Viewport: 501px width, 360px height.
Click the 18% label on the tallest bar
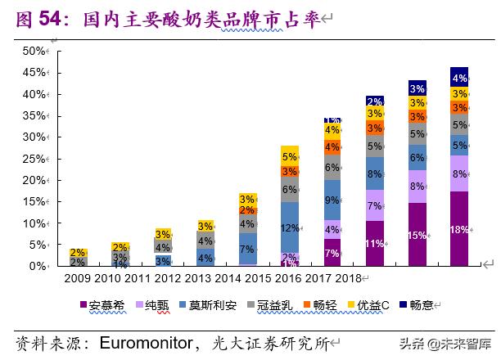click(459, 229)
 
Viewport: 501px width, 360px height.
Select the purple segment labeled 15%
click(417, 236)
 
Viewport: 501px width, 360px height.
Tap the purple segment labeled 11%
click(374, 244)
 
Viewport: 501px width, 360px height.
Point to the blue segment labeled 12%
click(289, 229)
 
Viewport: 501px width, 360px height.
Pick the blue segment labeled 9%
click(332, 200)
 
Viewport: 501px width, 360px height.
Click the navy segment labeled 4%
click(459, 79)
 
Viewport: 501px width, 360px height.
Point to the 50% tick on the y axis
click(34, 51)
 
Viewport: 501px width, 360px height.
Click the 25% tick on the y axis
click(34, 159)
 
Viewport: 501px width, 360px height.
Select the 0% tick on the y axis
click(37, 267)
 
